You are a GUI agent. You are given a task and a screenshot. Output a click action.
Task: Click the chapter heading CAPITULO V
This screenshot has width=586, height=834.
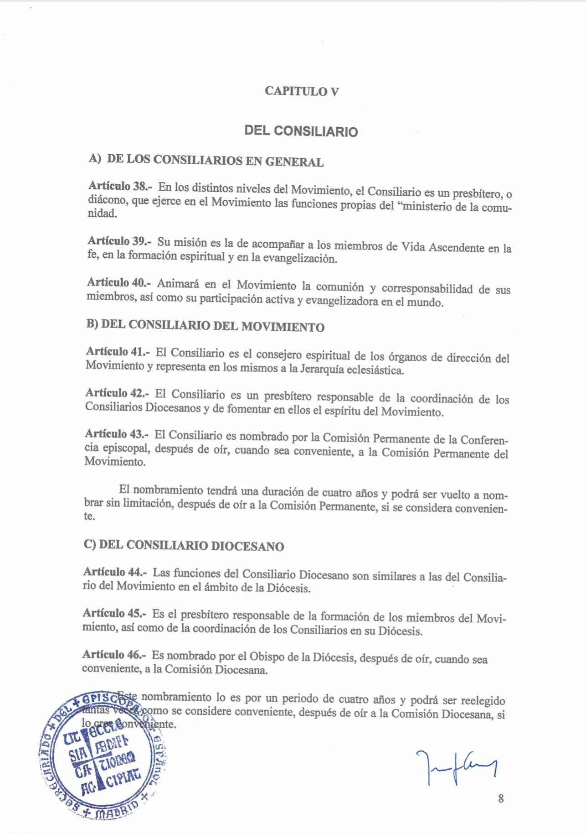(302, 91)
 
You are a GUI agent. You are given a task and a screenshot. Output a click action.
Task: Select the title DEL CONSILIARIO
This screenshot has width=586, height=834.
(301, 131)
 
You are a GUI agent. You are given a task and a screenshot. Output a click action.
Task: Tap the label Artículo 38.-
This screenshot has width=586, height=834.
(120, 186)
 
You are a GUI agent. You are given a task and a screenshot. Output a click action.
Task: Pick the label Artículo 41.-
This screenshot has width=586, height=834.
(118, 351)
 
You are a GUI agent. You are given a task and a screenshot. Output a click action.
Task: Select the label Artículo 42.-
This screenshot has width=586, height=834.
(117, 393)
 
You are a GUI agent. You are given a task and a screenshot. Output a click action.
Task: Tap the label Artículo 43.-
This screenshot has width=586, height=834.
(117, 434)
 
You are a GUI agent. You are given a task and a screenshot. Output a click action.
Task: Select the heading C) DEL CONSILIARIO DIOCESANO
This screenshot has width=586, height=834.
(184, 546)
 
